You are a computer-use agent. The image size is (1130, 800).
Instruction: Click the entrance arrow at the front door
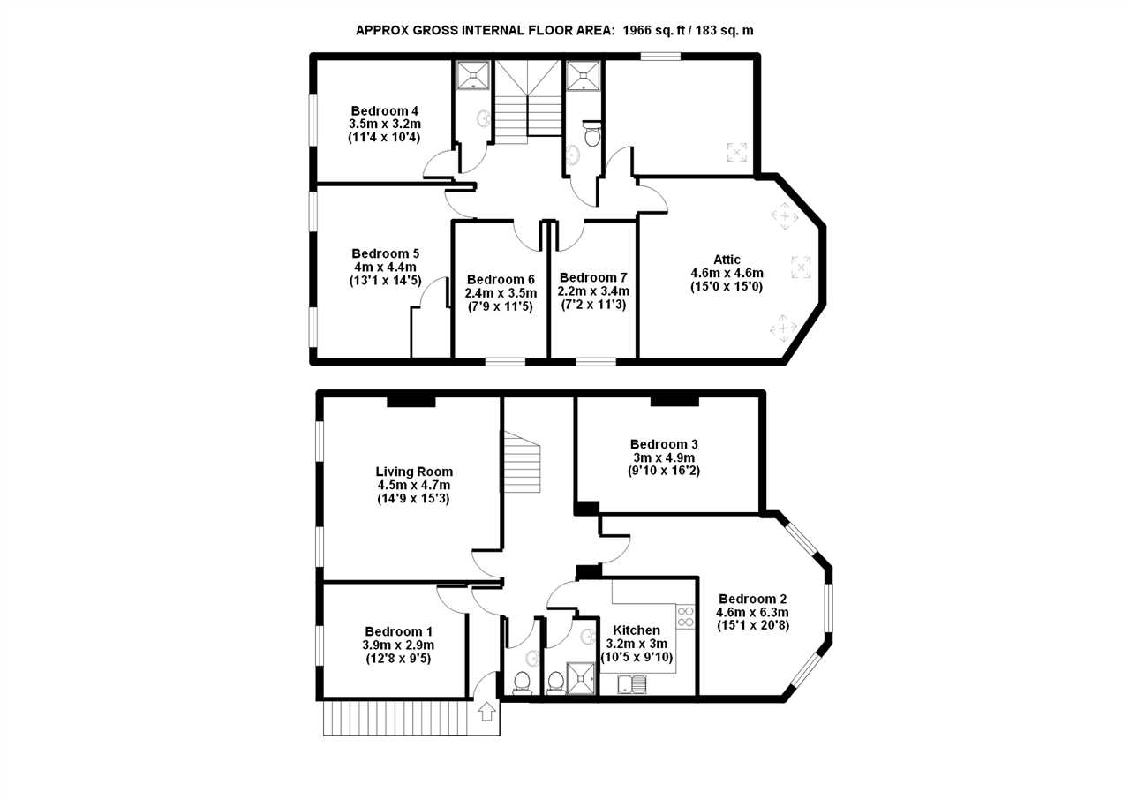(486, 712)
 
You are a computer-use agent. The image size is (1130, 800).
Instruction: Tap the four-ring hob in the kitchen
(685, 617)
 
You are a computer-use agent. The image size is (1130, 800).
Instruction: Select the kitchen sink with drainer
(631, 684)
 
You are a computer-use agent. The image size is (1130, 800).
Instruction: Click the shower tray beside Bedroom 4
(472, 76)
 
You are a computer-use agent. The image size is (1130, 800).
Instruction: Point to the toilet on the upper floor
(591, 133)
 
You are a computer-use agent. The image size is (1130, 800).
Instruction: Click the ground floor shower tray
(581, 678)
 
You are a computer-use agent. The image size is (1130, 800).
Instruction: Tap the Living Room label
(414, 472)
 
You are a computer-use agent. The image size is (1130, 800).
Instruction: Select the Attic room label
(727, 260)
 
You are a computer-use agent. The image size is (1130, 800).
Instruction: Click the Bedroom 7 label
(593, 278)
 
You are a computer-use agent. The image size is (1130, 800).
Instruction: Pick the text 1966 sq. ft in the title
(654, 30)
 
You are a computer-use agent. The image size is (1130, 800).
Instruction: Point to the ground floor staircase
(522, 462)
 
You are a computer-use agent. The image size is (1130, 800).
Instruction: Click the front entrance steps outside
(411, 718)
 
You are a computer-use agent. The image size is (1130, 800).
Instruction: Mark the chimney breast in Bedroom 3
(674, 402)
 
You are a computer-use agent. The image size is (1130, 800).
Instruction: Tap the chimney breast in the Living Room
(411, 402)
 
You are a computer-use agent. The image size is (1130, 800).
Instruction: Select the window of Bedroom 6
(506, 361)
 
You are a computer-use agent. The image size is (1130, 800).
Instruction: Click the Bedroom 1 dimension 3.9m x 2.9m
(398, 645)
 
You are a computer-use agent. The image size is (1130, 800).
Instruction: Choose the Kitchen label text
(637, 630)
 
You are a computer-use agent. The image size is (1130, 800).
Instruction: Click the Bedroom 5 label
(386, 253)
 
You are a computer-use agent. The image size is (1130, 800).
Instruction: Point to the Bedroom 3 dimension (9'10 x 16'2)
(664, 471)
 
